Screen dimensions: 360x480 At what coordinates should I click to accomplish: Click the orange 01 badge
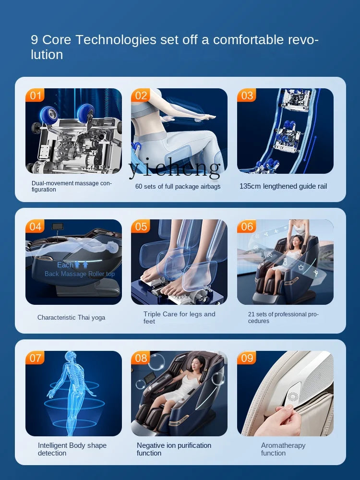tap(35, 95)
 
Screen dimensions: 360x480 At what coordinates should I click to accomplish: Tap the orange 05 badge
tap(141, 226)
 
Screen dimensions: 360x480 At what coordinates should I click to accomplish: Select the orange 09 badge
tap(246, 358)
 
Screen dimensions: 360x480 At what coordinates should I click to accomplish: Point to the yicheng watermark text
tap(175, 168)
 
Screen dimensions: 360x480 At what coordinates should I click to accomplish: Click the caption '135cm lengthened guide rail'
tap(283, 186)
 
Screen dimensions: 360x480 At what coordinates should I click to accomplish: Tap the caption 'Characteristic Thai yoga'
tap(72, 317)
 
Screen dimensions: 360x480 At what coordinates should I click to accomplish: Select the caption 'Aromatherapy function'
tap(283, 449)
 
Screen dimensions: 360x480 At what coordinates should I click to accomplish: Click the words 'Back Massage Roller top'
tap(80, 274)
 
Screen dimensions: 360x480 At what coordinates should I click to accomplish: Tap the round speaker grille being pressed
tap(292, 396)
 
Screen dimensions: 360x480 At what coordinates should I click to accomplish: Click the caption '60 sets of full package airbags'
tap(178, 186)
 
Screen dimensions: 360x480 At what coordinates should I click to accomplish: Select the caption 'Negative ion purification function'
tap(174, 449)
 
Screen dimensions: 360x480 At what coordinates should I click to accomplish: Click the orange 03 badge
tap(246, 95)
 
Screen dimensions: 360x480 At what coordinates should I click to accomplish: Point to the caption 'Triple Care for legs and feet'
tap(180, 317)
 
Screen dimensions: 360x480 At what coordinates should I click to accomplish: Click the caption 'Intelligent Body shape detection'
tap(72, 449)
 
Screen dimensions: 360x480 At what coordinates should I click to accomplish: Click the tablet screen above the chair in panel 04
tap(58, 226)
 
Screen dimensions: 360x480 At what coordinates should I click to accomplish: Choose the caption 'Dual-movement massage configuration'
tap(72, 186)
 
